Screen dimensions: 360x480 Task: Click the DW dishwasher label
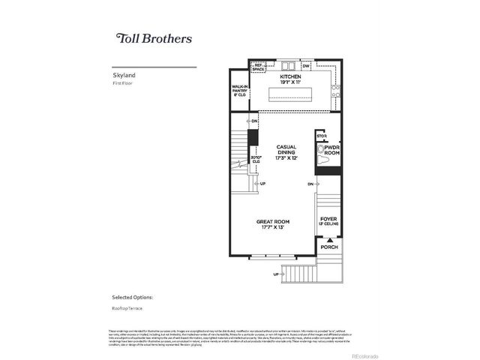[x=306, y=67]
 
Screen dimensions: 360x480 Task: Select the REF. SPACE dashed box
[x=259, y=67]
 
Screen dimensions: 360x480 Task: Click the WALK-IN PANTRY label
[x=240, y=91]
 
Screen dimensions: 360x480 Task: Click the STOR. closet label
[x=322, y=136]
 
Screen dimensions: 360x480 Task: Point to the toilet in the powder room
[x=322, y=157]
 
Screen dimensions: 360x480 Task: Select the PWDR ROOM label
[x=332, y=151]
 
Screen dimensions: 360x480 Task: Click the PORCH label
[x=328, y=247]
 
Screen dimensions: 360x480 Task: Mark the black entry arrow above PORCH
[x=328, y=238]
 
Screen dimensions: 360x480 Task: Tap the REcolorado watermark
[x=365, y=355]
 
